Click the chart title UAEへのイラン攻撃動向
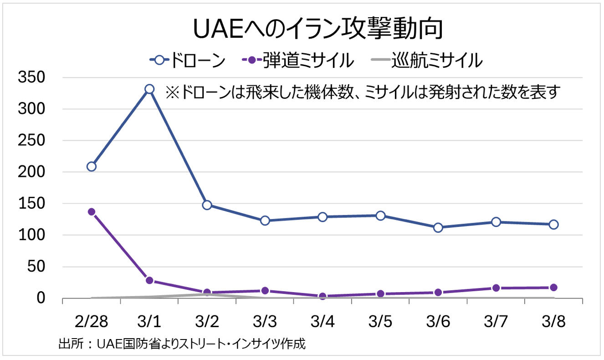pos(317,30)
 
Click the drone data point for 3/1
pos(149,89)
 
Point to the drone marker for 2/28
pos(92,166)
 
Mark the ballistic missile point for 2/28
pos(92,211)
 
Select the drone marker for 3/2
pos(207,205)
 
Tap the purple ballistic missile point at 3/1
pos(149,280)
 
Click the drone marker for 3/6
pos(438,227)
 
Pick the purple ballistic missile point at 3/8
pos(553,288)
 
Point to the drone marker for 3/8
pos(553,224)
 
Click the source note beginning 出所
pos(182,343)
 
